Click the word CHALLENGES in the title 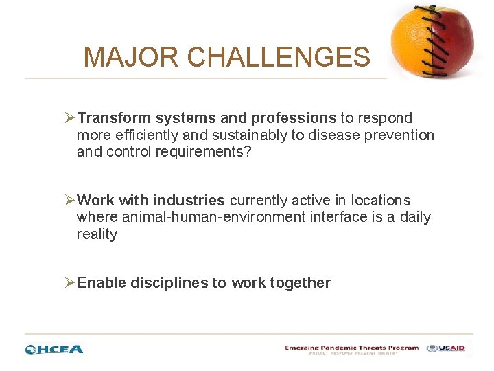coord(279,57)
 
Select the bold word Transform coord(113,118)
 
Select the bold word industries coord(189,201)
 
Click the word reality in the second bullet coord(97,234)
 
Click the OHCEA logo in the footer coord(54,349)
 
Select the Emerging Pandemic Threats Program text coord(351,348)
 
